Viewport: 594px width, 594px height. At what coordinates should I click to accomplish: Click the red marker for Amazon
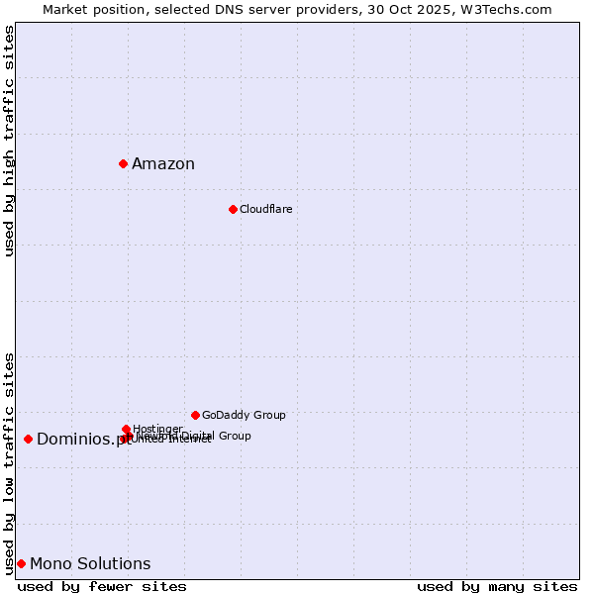click(123, 163)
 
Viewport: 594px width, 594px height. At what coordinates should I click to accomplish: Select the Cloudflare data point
click(233, 209)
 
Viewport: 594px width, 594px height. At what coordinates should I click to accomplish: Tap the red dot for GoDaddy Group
click(195, 415)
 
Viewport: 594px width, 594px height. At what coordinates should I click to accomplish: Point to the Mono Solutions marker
click(21, 563)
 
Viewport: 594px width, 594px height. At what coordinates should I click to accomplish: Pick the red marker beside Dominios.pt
click(28, 439)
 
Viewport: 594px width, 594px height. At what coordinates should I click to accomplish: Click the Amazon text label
click(163, 164)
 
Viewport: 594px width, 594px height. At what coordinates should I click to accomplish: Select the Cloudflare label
click(265, 210)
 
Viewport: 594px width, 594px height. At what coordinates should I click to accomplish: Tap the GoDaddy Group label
click(244, 416)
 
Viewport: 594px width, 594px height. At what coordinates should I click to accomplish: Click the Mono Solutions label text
click(90, 564)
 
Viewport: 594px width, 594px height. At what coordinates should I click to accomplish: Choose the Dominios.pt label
click(83, 440)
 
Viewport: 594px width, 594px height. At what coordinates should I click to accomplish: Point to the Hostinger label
click(157, 429)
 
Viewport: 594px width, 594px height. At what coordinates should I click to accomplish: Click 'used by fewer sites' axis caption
click(102, 586)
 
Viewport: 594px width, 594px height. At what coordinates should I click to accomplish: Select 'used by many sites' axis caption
click(497, 586)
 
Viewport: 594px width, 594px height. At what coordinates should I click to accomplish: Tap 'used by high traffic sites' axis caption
click(10, 141)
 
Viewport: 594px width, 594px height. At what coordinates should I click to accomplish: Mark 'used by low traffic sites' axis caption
click(10, 462)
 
